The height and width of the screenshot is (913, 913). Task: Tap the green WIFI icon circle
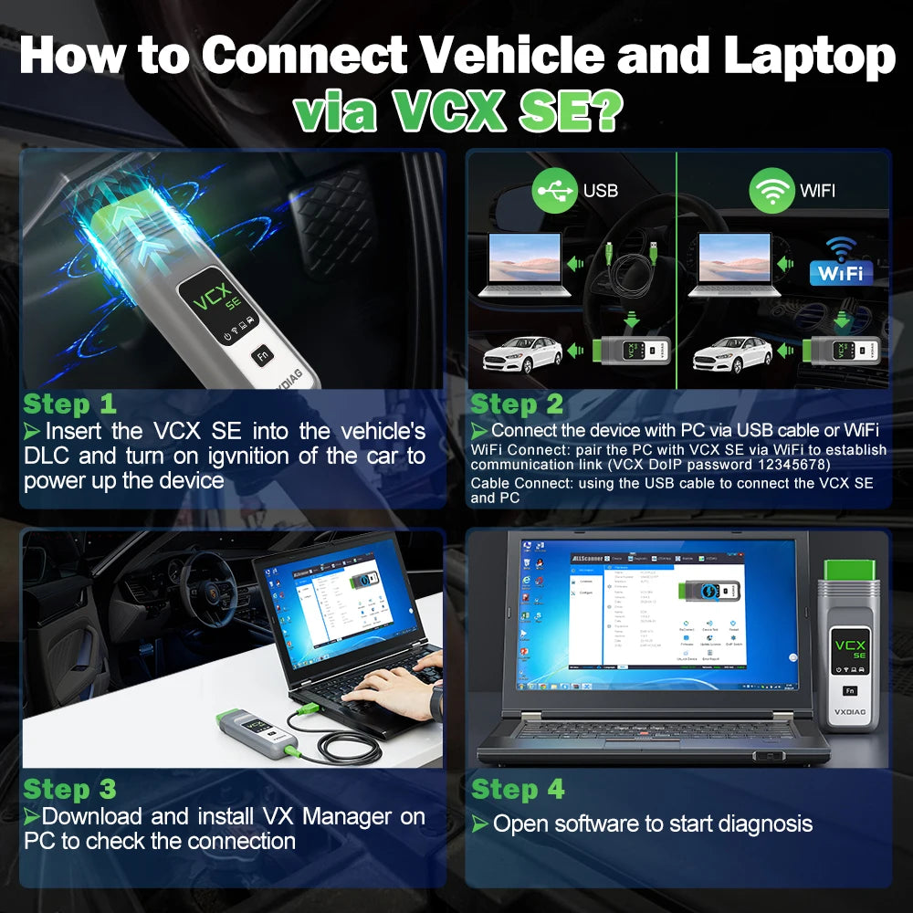771,189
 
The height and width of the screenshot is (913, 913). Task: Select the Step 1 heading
69,404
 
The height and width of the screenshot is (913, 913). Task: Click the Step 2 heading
517,404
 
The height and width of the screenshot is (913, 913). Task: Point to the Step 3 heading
69,789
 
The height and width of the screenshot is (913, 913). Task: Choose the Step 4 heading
518,789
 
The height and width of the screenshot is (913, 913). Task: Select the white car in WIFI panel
734,353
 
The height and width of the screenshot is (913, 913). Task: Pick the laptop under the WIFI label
735,266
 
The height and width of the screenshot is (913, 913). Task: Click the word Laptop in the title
809,56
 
